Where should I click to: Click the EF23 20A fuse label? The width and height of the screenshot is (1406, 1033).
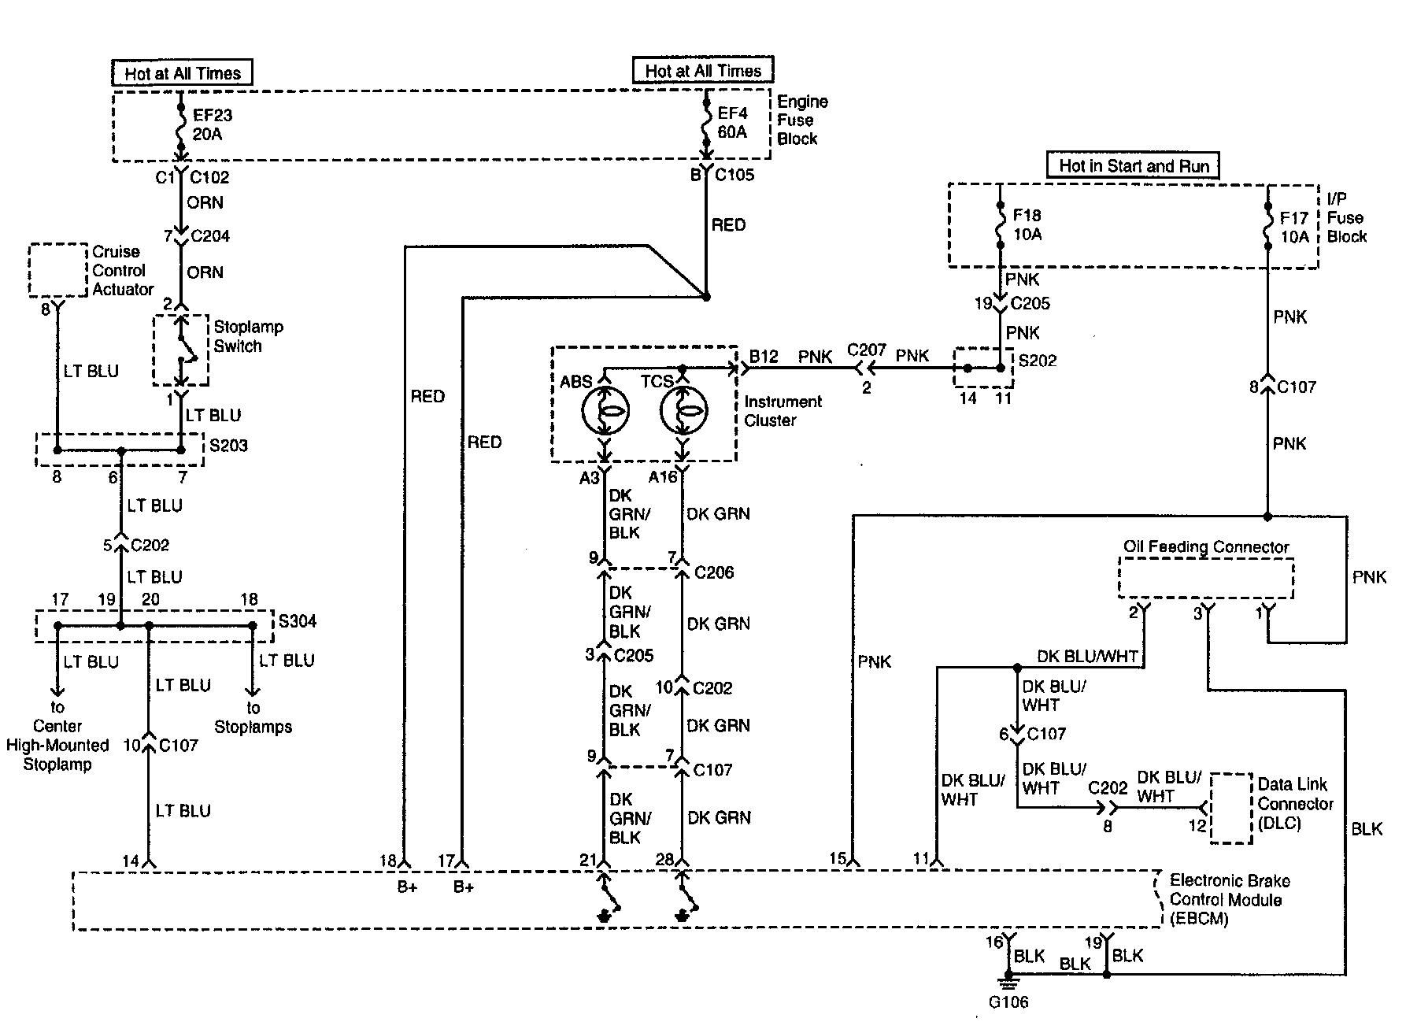click(x=213, y=124)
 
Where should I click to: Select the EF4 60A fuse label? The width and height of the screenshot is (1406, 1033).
click(x=732, y=122)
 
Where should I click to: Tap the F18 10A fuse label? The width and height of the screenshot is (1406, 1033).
click(x=1027, y=224)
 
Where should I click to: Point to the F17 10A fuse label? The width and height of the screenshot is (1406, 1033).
click(x=1294, y=226)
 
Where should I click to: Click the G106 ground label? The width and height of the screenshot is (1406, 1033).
click(x=1008, y=1002)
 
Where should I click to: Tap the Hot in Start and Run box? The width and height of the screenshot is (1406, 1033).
click(x=1133, y=165)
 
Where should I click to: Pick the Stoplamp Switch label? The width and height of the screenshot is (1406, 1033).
click(x=248, y=336)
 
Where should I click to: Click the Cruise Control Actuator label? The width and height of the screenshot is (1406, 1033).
click(x=123, y=270)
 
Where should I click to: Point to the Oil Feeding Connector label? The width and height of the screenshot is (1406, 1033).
click(x=1206, y=546)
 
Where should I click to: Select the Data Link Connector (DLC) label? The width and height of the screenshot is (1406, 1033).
click(x=1295, y=804)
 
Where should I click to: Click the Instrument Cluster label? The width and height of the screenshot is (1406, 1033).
click(x=783, y=411)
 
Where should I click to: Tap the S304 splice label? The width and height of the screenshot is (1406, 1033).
click(x=298, y=621)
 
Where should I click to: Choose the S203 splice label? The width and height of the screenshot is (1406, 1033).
click(x=228, y=446)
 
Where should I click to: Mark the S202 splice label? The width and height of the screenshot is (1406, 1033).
click(x=1038, y=361)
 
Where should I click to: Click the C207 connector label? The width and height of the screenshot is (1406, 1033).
click(x=867, y=350)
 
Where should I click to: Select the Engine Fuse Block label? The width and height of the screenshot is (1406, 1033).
click(x=802, y=120)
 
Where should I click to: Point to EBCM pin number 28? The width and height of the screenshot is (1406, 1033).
click(x=664, y=860)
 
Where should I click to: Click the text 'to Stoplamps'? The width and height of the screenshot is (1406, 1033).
click(x=253, y=717)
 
